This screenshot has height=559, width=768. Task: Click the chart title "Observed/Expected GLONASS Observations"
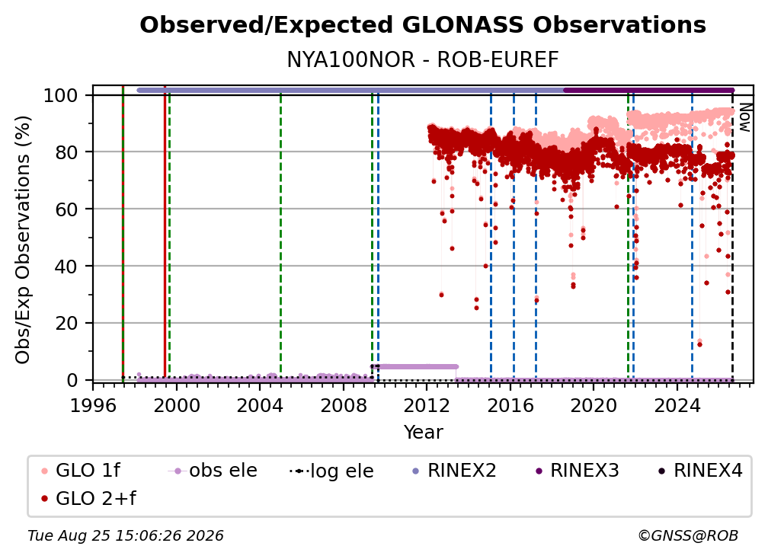click(423, 25)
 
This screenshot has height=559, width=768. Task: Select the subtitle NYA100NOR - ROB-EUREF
click(423, 60)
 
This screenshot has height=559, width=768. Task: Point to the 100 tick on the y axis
click(60, 95)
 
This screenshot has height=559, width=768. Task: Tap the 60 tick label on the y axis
click(66, 209)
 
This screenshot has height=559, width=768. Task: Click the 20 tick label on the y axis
click(66, 324)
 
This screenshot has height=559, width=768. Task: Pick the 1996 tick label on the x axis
click(93, 406)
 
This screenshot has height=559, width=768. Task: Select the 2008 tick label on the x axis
click(344, 406)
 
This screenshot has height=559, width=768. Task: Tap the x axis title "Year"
click(423, 433)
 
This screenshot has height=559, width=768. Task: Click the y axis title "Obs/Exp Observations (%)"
click(23, 240)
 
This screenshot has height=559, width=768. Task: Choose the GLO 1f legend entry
click(81, 471)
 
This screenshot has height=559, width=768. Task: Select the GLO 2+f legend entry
click(88, 499)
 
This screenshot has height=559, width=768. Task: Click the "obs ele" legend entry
click(213, 471)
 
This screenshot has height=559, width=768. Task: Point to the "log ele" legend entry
click(331, 471)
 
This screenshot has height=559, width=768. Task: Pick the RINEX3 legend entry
click(577, 471)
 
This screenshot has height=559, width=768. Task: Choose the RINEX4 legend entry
click(700, 471)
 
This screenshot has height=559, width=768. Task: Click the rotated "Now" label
click(744, 117)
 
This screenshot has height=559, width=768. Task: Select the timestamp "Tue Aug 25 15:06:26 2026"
click(126, 536)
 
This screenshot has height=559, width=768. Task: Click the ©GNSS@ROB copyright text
click(688, 536)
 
